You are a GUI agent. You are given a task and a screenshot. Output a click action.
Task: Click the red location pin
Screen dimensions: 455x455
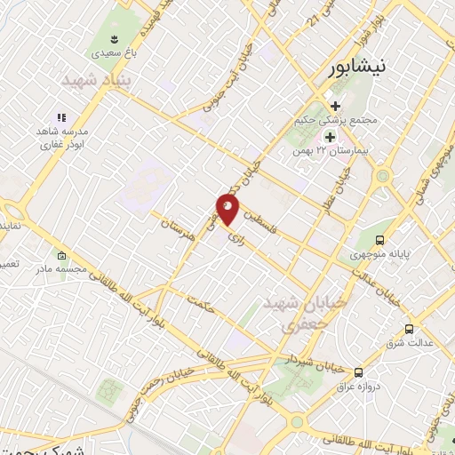click(x=227, y=210)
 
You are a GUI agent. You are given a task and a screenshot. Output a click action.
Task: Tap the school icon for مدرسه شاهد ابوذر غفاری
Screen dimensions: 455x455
click(x=60, y=116)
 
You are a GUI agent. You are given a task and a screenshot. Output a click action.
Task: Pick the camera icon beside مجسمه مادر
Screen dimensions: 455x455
click(x=60, y=251)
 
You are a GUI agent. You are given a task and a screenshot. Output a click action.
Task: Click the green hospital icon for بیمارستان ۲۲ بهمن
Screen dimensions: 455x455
click(x=330, y=137)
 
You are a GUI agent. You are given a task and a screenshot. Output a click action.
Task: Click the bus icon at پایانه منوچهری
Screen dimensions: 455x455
click(x=380, y=240)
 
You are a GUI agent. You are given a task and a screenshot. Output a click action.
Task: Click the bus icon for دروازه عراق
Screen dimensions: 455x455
click(x=359, y=372)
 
